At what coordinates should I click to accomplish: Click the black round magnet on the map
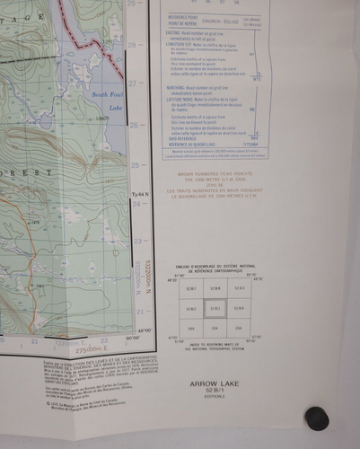(x=317, y=418)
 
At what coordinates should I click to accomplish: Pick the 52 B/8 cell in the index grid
(x=215, y=289)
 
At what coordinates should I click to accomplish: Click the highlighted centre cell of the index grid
(x=215, y=310)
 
